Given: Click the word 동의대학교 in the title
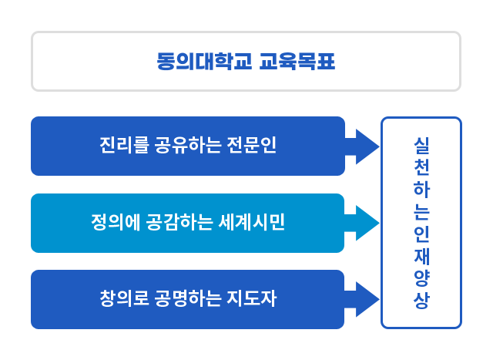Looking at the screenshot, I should point(203,61).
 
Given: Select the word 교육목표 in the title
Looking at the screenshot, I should point(297,61).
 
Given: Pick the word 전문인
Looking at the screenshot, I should point(250,145).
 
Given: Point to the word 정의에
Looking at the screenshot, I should point(113,223).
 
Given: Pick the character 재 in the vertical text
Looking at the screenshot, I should point(421,256).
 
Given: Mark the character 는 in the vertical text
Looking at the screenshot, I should point(421,211).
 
